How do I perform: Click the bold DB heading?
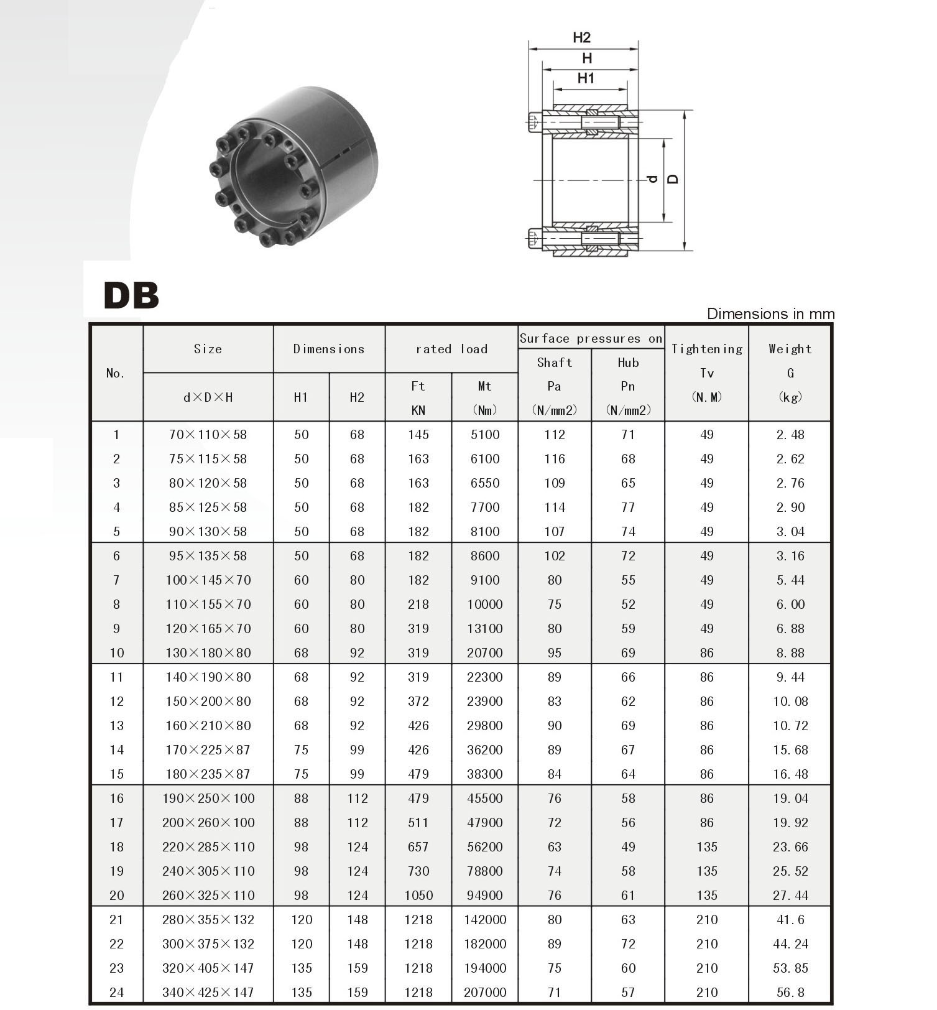coord(131,295)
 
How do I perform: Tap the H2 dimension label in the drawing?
coord(581,37)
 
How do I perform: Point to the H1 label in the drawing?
coord(586,78)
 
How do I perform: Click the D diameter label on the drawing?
coord(673,180)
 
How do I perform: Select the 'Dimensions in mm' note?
coord(770,314)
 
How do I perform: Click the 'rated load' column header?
coord(451,349)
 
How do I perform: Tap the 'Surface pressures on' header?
coord(591,338)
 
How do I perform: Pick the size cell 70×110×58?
coord(208,435)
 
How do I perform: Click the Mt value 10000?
coord(485,605)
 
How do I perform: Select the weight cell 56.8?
coord(790,993)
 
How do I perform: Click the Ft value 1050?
coord(418,896)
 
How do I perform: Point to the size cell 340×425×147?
coord(208,993)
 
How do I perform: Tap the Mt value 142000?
coord(485,920)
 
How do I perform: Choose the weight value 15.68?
coord(790,750)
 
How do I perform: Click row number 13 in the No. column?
coord(116,726)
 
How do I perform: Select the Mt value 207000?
coord(485,993)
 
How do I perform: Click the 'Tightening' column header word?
coord(707,349)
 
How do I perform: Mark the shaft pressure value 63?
coord(554,847)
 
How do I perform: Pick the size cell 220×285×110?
coord(208,847)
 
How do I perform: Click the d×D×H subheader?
coord(208,397)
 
